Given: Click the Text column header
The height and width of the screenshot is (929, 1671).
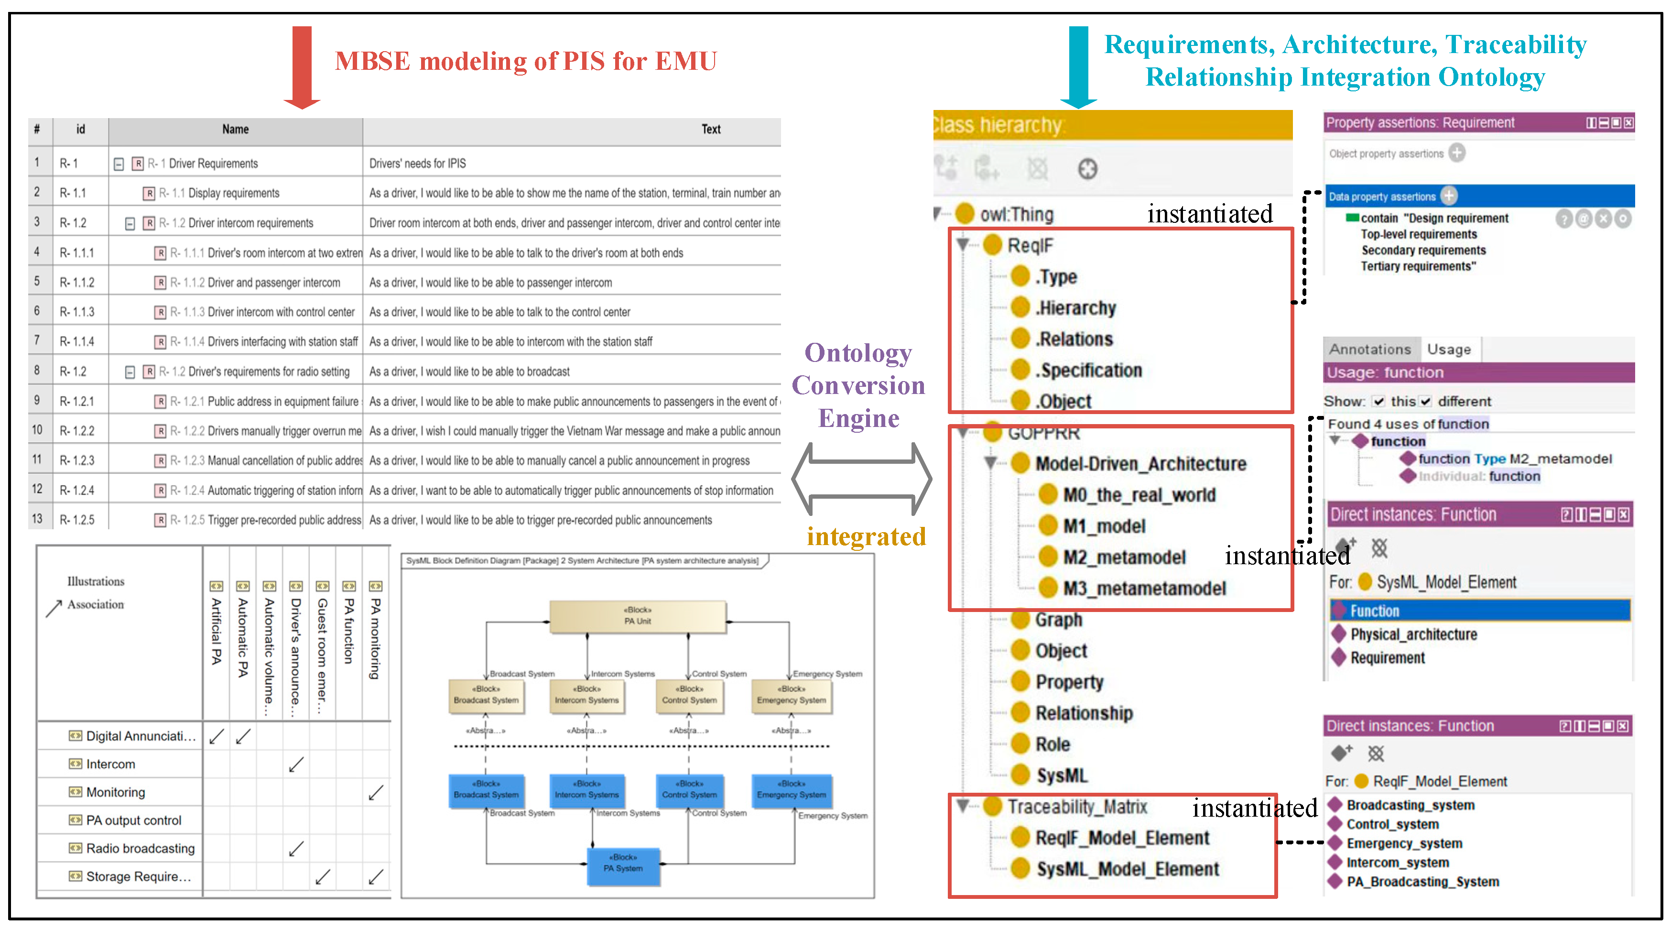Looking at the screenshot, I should pyautogui.click(x=711, y=129).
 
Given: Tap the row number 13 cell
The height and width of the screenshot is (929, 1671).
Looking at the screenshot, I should pyautogui.click(x=37, y=519).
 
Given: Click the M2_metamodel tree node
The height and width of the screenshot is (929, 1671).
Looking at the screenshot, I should pyautogui.click(x=1124, y=557).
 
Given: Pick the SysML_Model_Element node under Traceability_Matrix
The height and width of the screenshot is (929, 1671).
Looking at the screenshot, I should pyautogui.click(x=1128, y=869).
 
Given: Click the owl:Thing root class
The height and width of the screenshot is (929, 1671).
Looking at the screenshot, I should pyautogui.click(x=1016, y=214).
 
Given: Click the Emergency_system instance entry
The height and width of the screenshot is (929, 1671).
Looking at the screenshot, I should pyautogui.click(x=1404, y=843).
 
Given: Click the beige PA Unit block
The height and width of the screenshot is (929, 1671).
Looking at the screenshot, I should pyautogui.click(x=638, y=616).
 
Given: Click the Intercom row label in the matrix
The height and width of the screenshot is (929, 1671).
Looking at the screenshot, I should pyautogui.click(x=110, y=764).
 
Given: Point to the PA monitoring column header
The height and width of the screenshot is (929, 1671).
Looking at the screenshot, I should pyautogui.click(x=375, y=639).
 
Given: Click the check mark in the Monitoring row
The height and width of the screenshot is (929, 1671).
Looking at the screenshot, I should pyautogui.click(x=375, y=793).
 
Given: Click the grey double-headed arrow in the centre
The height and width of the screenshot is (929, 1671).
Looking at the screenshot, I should pyautogui.click(x=861, y=479).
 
